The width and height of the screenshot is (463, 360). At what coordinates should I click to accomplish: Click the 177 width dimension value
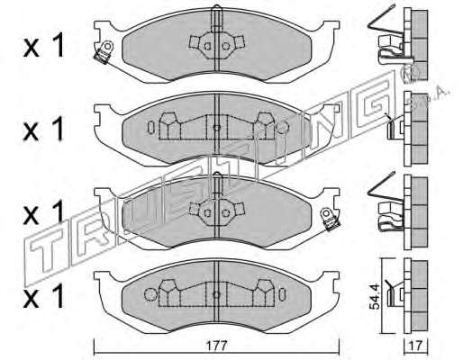coord(217,346)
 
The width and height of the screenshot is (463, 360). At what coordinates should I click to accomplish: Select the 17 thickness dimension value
coord(416,346)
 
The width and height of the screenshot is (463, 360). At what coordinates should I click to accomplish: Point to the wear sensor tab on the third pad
coord(329,220)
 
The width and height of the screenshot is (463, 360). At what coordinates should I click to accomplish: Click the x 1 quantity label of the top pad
coord(43,45)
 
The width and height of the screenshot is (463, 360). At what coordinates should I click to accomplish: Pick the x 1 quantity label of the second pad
coord(43,129)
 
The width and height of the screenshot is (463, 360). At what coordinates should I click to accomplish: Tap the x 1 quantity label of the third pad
coord(43,212)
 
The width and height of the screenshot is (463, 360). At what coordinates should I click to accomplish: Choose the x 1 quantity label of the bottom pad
coord(43,295)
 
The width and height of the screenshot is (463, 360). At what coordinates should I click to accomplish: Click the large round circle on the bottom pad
coord(150,294)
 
